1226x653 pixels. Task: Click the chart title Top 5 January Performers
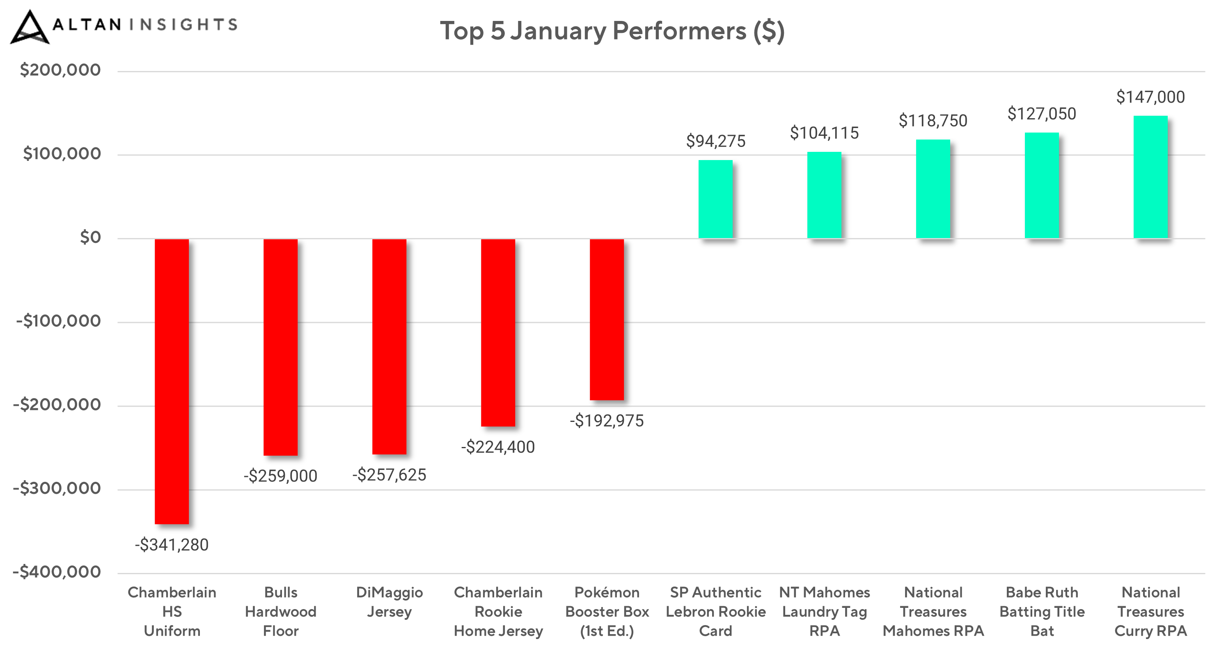612,32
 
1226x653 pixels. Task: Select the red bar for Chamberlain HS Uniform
172,381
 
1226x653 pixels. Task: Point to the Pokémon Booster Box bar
607,319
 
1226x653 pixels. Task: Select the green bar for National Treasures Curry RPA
1150,177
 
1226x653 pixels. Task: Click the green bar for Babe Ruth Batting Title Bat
1042,185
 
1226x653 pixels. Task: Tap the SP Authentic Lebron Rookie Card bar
715,199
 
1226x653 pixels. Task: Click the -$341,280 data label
172,545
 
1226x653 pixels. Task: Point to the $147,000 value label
1150,97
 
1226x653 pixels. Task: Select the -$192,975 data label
607,421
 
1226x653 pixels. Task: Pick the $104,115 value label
824,133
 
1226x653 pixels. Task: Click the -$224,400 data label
498,447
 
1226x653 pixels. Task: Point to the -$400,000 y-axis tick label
57,572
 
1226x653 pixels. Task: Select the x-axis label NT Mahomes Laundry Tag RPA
824,612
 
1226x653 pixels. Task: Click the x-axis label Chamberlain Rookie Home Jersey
498,612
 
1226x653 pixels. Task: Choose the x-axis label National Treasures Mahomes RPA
933,612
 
